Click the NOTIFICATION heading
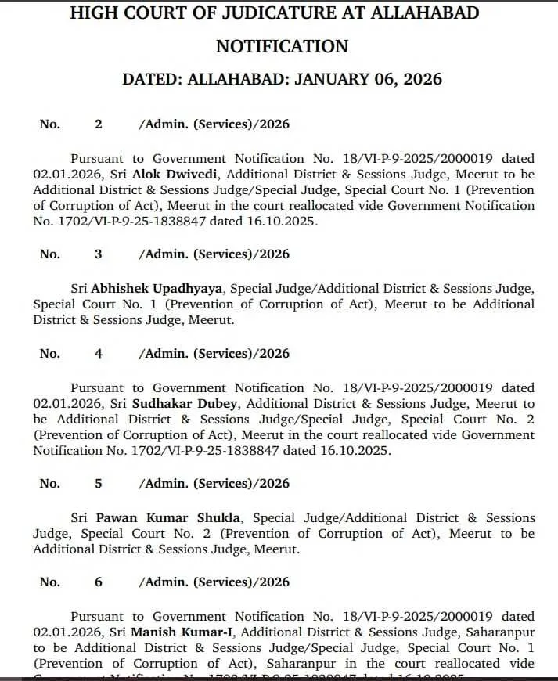[282, 46]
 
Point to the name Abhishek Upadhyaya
[157, 289]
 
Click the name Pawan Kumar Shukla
[169, 517]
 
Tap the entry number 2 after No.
[98, 124]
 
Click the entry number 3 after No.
[98, 254]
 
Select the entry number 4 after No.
[98, 353]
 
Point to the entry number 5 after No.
[98, 483]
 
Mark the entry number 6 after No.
[98, 582]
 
